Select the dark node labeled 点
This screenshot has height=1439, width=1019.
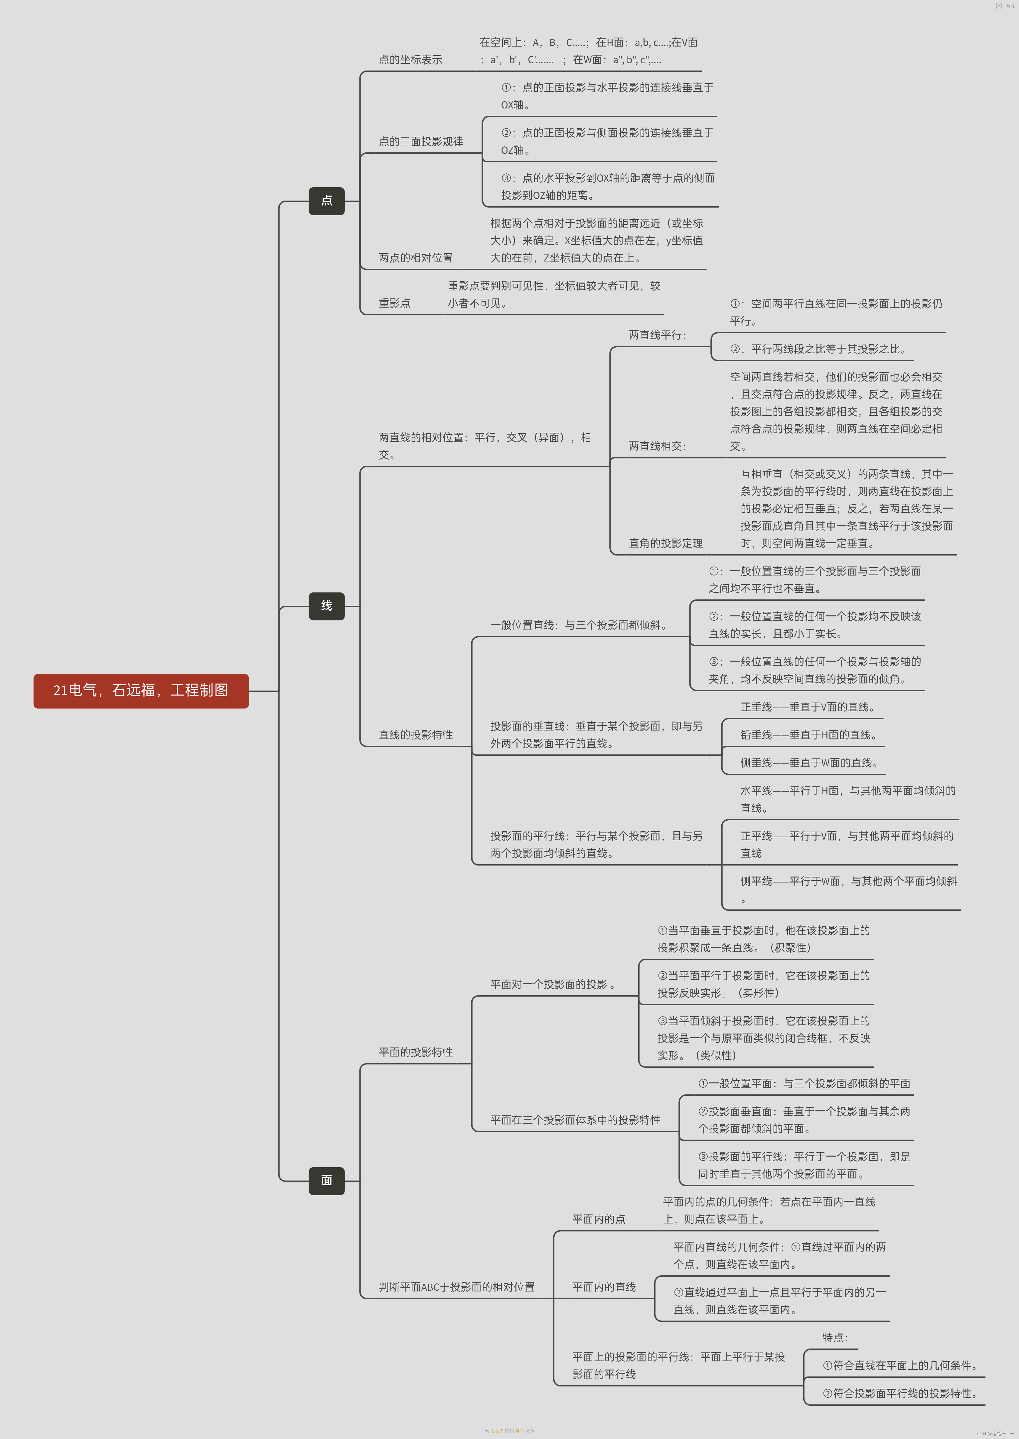pos(326,201)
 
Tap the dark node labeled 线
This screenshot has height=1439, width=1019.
pos(326,606)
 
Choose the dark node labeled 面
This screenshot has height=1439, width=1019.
pos(326,1181)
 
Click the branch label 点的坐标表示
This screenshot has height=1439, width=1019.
pos(410,60)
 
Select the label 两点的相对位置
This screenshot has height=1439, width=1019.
pos(415,258)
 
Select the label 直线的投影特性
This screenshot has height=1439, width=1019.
pos(415,735)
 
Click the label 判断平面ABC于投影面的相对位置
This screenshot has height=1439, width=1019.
pos(456,1287)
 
